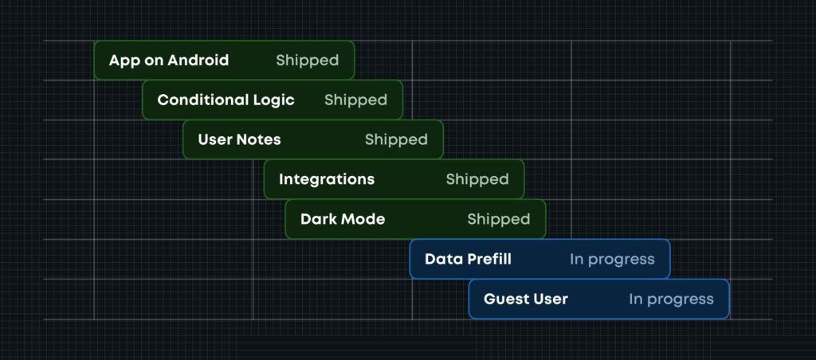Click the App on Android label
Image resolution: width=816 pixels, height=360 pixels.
[x=169, y=61]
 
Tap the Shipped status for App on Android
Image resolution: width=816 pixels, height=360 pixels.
[x=307, y=61]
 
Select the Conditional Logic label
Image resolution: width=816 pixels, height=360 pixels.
[x=226, y=100]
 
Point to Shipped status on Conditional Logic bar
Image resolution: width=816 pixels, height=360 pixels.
[x=355, y=100]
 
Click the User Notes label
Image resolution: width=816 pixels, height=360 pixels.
[x=239, y=140]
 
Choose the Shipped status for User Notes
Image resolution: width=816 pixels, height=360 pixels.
[x=396, y=140]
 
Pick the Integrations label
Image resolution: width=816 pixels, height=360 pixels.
[x=327, y=180]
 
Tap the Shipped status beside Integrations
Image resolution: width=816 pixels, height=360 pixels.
[x=477, y=180]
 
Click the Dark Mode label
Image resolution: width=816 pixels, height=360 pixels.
[x=343, y=220]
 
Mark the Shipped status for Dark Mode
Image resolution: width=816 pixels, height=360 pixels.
[x=499, y=220]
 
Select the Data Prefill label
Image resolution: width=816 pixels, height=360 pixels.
[x=468, y=260]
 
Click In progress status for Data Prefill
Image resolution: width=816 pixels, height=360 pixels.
[x=612, y=260]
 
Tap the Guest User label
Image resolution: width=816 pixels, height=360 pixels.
[x=526, y=299]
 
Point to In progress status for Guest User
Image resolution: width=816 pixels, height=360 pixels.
[x=671, y=299]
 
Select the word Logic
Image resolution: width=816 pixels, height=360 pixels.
[x=273, y=100]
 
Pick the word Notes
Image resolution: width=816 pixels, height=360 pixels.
[x=260, y=140]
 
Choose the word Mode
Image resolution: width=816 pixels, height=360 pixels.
[x=364, y=220]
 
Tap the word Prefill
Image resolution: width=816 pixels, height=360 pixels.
[x=489, y=260]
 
